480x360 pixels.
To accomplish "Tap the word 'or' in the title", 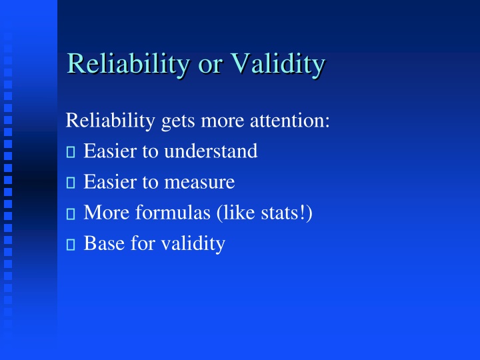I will point(213,65).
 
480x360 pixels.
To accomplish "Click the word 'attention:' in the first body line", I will point(293,121).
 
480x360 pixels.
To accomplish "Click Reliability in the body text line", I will point(111,121).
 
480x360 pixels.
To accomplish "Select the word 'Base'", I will point(103,244).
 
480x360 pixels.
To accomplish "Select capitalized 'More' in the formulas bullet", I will point(103,213).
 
